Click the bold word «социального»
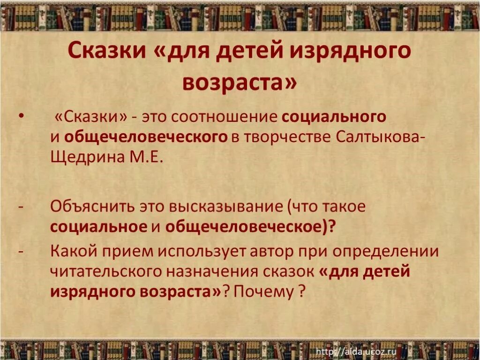[335, 117]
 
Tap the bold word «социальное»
[98, 226]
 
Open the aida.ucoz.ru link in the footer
[356, 352]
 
